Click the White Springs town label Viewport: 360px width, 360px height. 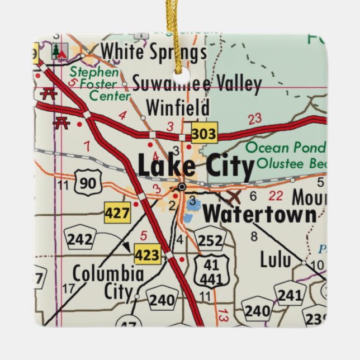coord(153,53)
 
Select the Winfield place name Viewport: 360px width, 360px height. coord(177,107)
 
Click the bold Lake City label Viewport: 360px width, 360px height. coord(195,166)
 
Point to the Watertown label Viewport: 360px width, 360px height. coord(259,214)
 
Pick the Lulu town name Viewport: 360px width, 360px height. coord(276,259)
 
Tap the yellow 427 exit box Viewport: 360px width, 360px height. coord(117,212)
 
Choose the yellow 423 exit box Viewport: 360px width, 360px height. coord(147,254)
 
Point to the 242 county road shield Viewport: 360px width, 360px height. coord(79,239)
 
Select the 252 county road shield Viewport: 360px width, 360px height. coord(211,240)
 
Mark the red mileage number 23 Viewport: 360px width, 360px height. coord(255,119)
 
